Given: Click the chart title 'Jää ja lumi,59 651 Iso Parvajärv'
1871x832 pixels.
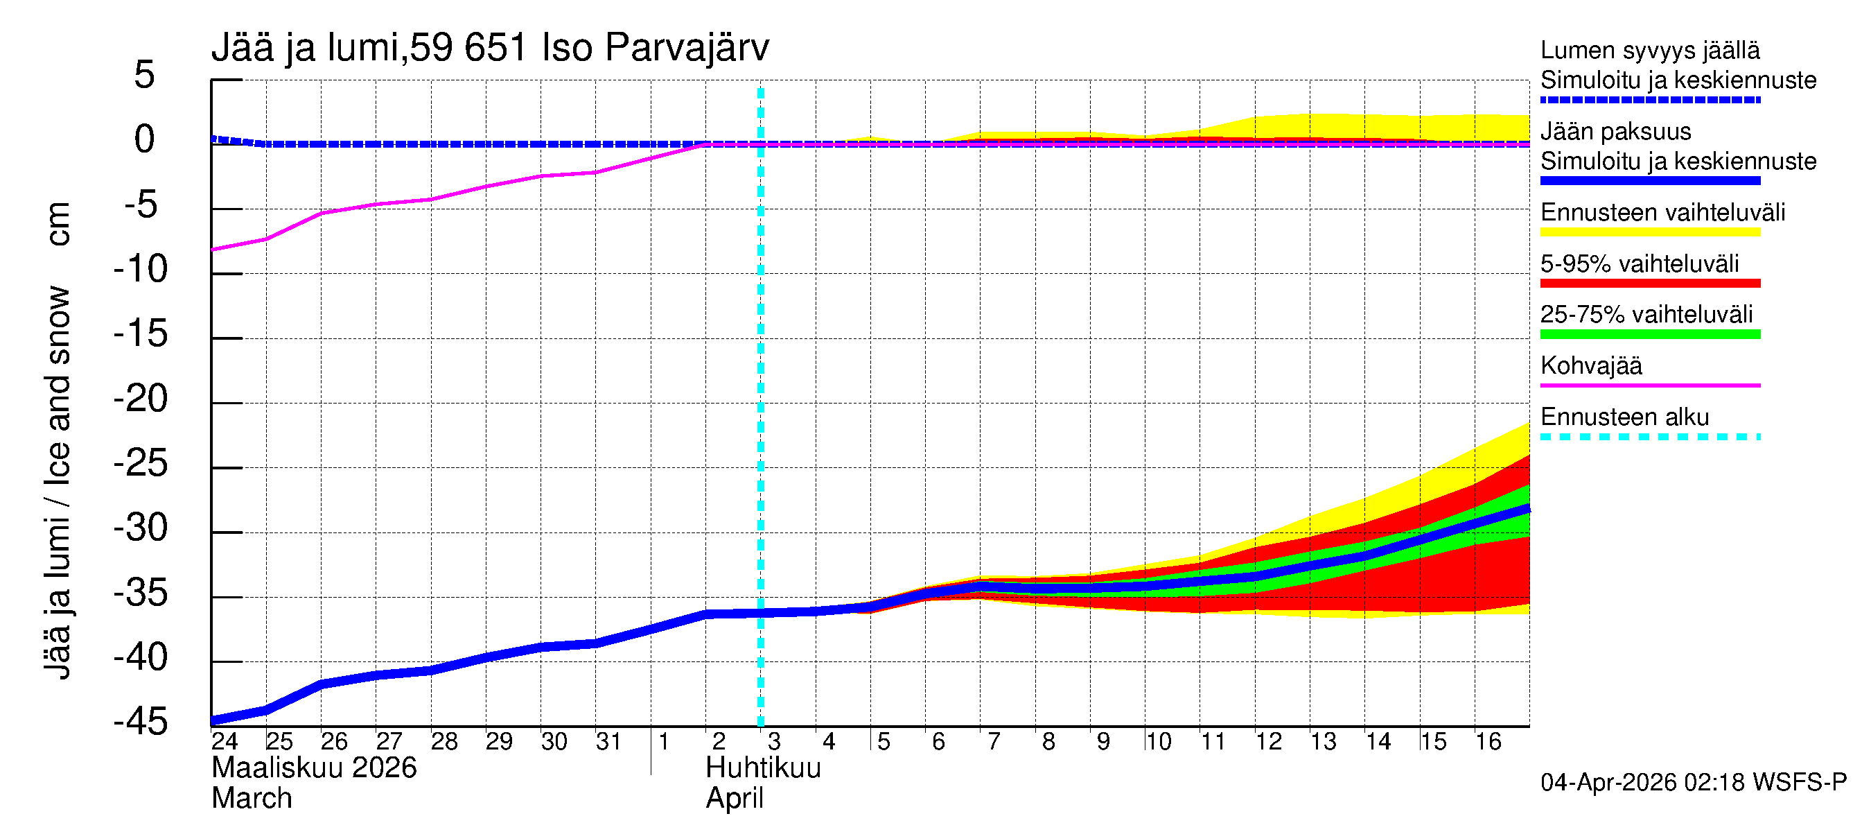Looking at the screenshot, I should point(490,48).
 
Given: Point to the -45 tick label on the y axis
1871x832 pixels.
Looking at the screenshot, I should point(141,722).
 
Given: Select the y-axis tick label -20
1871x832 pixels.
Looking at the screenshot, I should point(141,398).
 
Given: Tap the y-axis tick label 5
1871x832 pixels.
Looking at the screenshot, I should point(145,75).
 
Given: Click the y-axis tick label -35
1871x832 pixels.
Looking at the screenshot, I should point(141,592).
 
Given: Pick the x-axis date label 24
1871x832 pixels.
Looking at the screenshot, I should point(225,741).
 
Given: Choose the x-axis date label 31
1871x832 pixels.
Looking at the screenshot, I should point(608,741).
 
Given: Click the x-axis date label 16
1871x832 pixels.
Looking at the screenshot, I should point(1488,741).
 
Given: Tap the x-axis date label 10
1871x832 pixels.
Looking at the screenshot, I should point(1159,741).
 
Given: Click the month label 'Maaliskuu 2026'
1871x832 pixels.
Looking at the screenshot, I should point(314,768).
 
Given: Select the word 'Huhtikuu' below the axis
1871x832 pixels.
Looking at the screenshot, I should point(763,768).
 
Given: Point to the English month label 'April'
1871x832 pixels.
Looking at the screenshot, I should point(735,799).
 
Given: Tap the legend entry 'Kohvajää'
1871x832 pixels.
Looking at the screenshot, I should point(1590,365).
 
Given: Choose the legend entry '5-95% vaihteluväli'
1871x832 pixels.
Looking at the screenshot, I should point(1640,263).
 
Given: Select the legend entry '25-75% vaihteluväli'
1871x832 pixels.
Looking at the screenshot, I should point(1646,314).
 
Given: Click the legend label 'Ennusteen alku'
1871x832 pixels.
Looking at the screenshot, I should point(1624,417).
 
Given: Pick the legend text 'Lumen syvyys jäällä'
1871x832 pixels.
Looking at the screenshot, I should point(1649,50).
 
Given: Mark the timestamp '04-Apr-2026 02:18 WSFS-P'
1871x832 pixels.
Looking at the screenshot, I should point(1693,783).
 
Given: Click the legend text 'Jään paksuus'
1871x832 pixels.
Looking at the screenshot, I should point(1615,132).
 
